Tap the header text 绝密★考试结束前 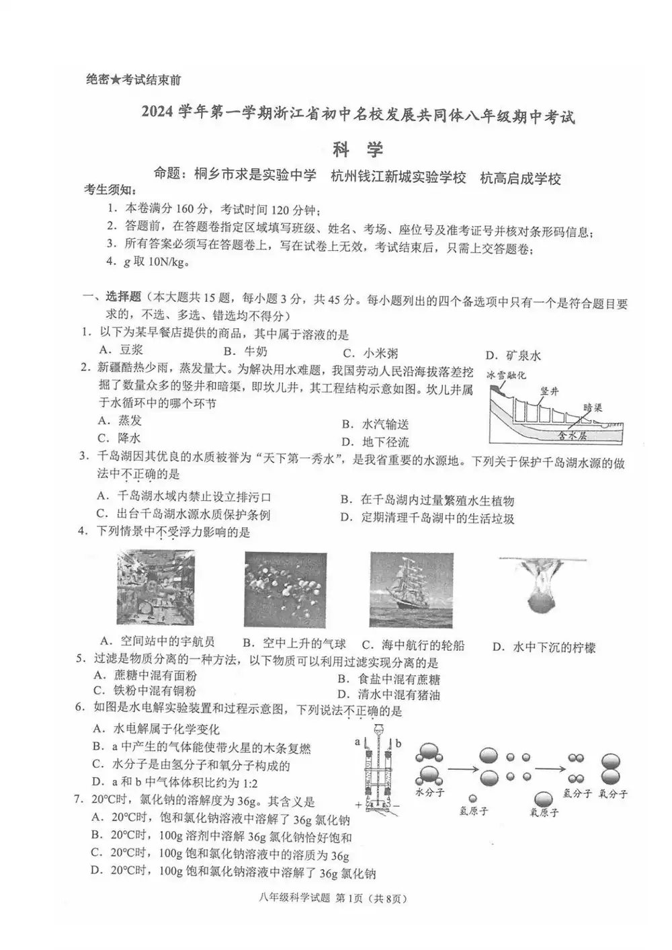134,80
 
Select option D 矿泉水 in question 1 513,356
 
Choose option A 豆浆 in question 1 121,350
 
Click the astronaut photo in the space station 156,587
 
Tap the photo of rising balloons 286,590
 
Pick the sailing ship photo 411,590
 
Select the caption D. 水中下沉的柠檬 544,647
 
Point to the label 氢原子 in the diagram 473,811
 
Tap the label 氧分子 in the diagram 613,793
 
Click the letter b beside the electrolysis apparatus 398,743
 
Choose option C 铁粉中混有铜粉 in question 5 145,691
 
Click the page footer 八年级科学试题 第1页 336,898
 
